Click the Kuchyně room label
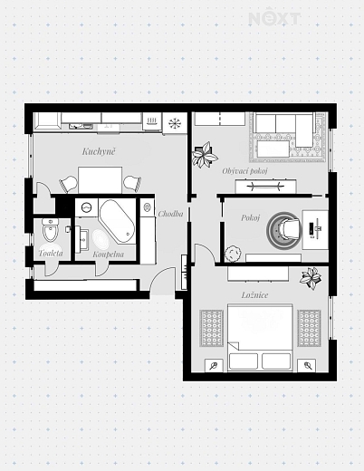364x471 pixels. [99, 151]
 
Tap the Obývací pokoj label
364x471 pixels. [244, 171]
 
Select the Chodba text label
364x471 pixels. [170, 214]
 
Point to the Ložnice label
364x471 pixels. [254, 294]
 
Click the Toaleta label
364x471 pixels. [51, 253]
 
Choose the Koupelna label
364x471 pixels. [108, 255]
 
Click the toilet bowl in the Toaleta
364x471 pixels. [51, 231]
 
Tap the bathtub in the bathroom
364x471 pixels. [117, 221]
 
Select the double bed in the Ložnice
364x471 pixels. [260, 337]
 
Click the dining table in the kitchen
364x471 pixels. [101, 180]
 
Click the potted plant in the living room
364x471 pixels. [205, 155]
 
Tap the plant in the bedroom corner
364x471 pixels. [311, 278]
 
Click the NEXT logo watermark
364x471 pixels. [274, 19]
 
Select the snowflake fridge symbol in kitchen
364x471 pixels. [175, 123]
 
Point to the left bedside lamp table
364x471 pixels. [214, 366]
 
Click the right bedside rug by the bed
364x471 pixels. [309, 328]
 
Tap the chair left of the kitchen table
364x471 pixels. [69, 184]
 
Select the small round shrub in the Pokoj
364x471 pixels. [233, 254]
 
